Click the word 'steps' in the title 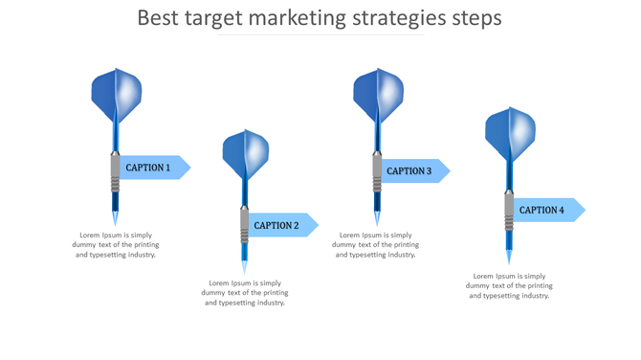(x=476, y=18)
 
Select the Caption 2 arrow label (x=279, y=225)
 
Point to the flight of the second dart (x=245, y=153)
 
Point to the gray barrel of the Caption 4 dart (x=509, y=212)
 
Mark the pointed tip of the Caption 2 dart (x=245, y=267)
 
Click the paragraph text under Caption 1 (x=116, y=245)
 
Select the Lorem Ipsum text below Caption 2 (x=245, y=293)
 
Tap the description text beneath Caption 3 (x=375, y=245)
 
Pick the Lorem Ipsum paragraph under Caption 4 (x=509, y=285)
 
